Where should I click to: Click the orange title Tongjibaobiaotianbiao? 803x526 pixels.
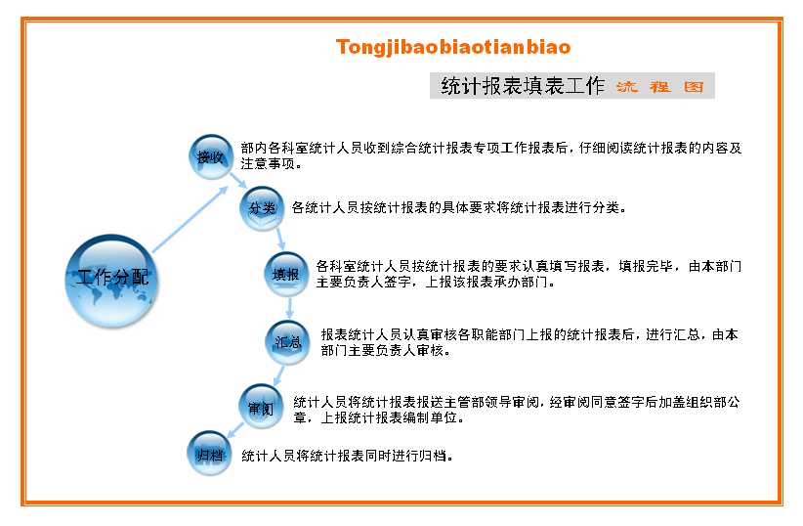coord(453,47)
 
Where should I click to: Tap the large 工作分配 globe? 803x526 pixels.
coord(111,281)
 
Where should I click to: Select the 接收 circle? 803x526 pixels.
coord(211,156)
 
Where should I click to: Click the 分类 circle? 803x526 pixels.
coord(262,208)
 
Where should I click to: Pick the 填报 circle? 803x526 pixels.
coord(286,275)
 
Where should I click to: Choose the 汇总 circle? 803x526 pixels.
coord(287,342)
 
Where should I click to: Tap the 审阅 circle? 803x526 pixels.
coord(261,407)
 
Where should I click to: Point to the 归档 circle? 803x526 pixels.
coord(210,454)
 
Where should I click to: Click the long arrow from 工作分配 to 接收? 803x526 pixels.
coord(190,219)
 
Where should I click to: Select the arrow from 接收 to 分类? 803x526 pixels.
coord(238,181)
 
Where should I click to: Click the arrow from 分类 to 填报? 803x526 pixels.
coord(280,240)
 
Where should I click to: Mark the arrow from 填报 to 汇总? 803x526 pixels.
coord(290,308)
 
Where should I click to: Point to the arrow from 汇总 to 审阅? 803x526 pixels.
coord(278,375)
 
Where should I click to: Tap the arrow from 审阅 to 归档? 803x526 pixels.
coord(235,429)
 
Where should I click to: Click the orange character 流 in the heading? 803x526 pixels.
coord(627,86)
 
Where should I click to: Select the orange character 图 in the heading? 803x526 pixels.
coord(694,86)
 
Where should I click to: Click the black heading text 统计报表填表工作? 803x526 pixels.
coord(523,86)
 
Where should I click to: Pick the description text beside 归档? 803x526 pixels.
coord(347,456)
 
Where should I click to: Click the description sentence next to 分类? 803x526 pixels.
coord(459,207)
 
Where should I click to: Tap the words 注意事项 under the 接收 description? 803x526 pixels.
coord(269,163)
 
